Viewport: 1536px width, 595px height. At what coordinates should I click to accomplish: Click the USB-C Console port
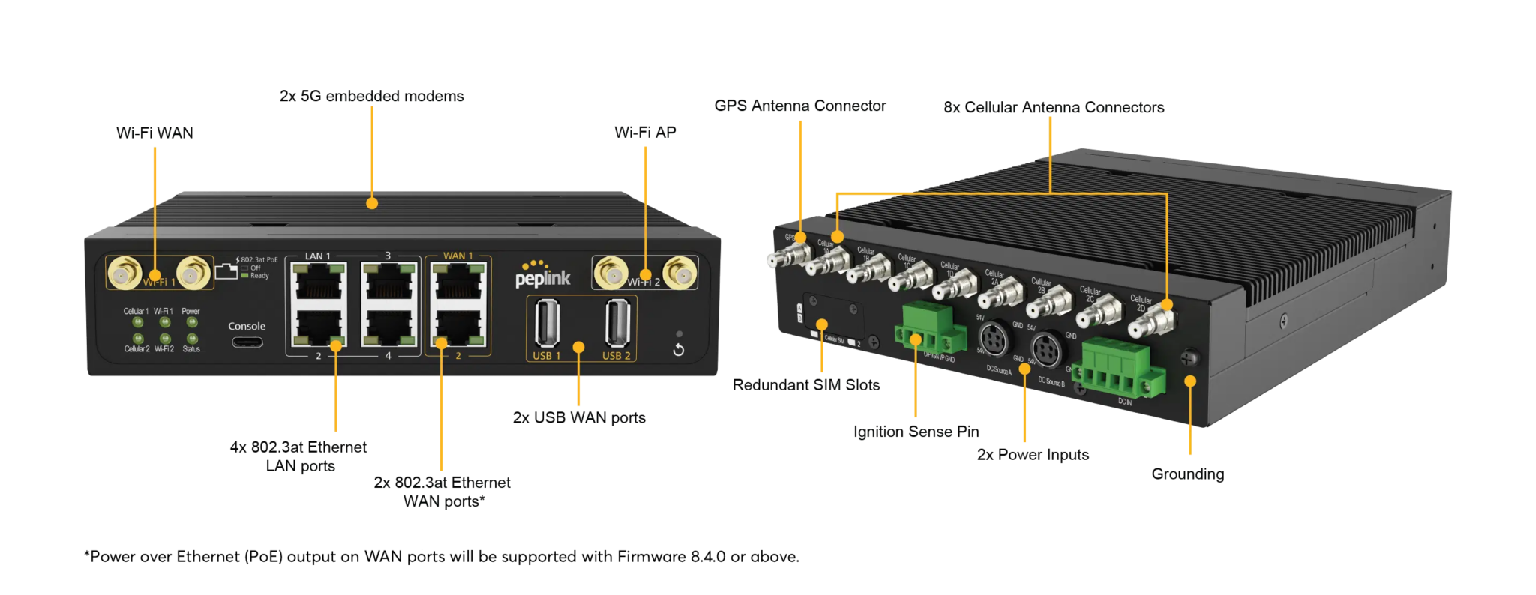coord(247,342)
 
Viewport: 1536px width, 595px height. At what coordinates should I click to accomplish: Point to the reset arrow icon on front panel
coord(679,350)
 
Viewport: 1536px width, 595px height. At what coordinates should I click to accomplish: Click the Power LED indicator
coord(192,322)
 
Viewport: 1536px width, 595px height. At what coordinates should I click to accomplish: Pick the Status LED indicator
coord(192,339)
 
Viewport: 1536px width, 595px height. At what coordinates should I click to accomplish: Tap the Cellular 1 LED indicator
coord(137,322)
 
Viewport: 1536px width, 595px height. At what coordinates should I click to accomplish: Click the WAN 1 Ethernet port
coord(458,283)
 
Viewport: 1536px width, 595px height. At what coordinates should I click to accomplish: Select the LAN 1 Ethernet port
coord(318,283)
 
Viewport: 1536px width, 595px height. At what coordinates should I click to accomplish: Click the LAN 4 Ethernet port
coord(388,327)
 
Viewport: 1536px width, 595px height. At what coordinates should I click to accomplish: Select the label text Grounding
coord(1188,474)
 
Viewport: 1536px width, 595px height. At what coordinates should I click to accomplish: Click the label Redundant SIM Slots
coord(806,385)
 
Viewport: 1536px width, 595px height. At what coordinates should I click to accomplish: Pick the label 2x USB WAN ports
coord(579,417)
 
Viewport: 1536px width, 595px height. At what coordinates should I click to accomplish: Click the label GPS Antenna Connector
coord(800,106)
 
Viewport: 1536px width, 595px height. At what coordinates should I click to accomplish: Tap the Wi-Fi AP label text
coord(645,133)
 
